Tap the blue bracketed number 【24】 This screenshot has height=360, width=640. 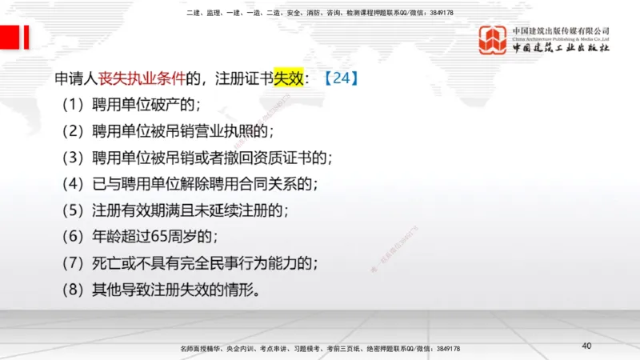(x=342, y=78)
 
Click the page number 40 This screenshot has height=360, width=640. (x=586, y=346)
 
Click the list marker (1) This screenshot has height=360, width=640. (x=74, y=105)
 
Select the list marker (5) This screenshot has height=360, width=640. (x=74, y=210)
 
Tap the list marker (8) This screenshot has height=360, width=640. (x=74, y=290)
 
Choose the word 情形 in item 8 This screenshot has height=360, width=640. (x=238, y=290)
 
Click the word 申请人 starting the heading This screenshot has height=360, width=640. (x=76, y=78)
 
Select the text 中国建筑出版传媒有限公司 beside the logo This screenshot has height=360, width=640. (x=562, y=31)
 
